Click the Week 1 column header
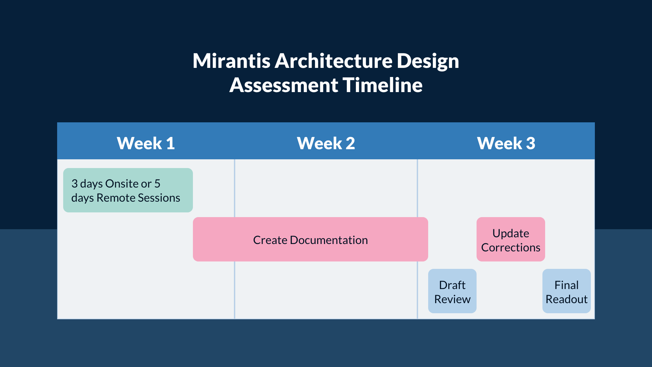146,143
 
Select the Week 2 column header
326,143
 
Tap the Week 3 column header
506,143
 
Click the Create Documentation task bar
310,239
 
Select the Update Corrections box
511,239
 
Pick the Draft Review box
452,291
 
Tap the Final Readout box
566,291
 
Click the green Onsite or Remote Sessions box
128,190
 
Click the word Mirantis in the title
232,61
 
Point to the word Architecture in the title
333,61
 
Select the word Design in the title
427,61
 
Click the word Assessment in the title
284,85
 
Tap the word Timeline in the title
382,85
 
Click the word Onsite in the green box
122,184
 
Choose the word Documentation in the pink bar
329,240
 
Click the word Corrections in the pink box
511,247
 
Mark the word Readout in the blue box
566,299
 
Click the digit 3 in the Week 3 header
530,143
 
